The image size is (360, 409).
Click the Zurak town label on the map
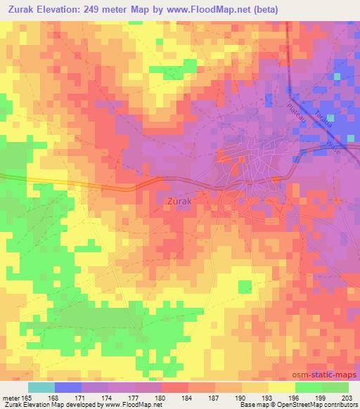tap(181, 201)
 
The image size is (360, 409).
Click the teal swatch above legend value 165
tap(41, 387)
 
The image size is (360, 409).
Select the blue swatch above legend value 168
tap(68, 387)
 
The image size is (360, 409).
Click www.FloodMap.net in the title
tap(213, 10)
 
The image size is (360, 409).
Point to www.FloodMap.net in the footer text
tap(132, 405)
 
